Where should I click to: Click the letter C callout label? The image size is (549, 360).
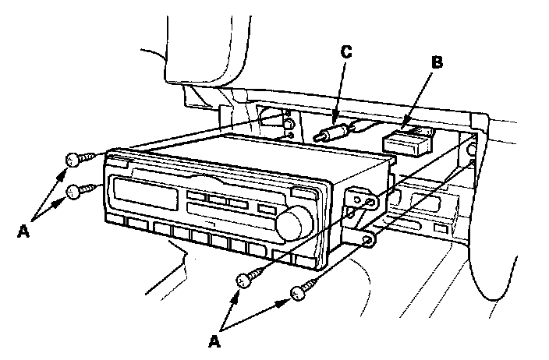pos(346,52)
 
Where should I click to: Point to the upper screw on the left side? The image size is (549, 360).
pos(74,160)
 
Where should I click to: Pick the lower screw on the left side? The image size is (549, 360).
pos(76,190)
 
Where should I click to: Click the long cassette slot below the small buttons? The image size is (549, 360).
pos(218,210)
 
